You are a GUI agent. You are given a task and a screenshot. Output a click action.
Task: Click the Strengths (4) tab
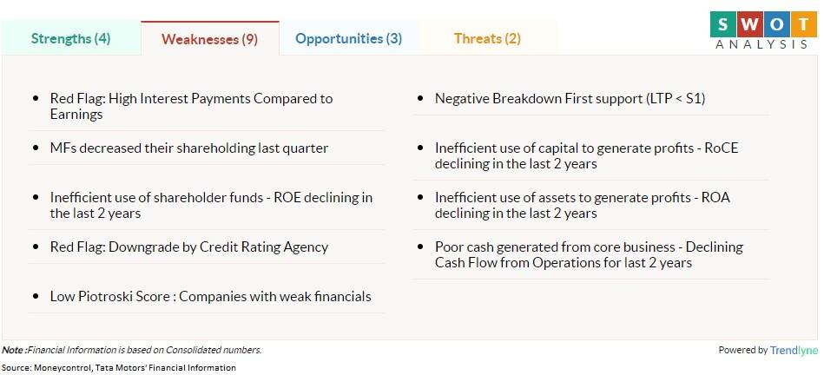click(x=70, y=38)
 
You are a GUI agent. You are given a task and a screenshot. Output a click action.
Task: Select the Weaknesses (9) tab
click(x=209, y=39)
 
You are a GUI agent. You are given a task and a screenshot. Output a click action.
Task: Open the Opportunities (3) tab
click(x=348, y=38)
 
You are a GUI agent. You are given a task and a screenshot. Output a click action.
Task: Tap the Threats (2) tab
click(x=487, y=38)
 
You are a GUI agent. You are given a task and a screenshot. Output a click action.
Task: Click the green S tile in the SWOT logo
click(x=723, y=24)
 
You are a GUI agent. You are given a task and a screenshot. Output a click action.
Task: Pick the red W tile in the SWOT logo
click(x=748, y=24)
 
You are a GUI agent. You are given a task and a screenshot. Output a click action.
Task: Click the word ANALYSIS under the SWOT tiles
click(x=761, y=44)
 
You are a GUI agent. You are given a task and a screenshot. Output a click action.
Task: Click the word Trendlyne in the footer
click(x=794, y=351)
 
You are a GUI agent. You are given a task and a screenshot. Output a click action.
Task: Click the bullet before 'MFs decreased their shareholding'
click(x=36, y=148)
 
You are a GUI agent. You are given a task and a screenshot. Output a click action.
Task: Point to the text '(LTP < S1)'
click(x=676, y=99)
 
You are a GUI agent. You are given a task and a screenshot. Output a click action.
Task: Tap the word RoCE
click(x=722, y=148)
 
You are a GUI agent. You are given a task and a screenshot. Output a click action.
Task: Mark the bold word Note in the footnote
click(x=13, y=350)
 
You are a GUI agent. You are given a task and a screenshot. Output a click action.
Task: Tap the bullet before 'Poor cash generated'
click(x=420, y=247)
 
